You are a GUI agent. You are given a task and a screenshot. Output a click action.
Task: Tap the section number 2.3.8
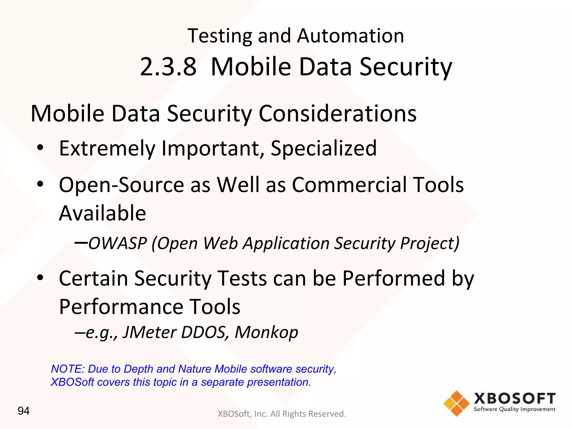[168, 67]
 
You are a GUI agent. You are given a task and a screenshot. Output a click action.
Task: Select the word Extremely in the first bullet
[107, 148]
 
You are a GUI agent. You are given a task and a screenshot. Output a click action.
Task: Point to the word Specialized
[323, 148]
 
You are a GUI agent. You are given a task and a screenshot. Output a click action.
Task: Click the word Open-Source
[121, 185]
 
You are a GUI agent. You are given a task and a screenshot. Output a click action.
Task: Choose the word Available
[103, 213]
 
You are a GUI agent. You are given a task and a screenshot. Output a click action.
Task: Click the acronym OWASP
[118, 243]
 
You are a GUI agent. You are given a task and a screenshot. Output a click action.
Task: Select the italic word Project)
[430, 243]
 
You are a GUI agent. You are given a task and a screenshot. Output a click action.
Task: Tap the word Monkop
[266, 332]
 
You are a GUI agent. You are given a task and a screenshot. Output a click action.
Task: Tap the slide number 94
[23, 411]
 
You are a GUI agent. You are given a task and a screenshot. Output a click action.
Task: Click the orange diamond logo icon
[456, 403]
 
